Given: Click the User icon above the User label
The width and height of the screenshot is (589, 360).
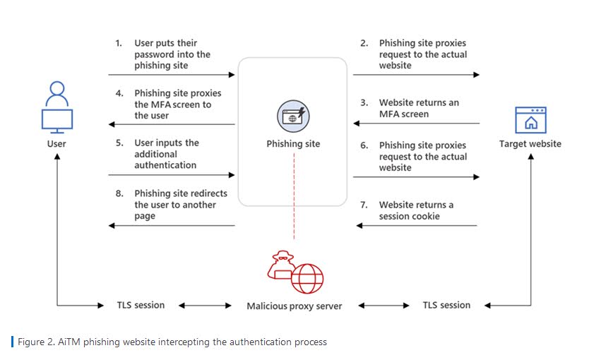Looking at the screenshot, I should (57, 109).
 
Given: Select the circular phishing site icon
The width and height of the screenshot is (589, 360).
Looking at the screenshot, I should (293, 116).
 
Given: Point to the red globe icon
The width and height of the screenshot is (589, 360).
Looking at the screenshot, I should (307, 278).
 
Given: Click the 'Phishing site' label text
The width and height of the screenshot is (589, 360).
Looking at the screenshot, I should (293, 144).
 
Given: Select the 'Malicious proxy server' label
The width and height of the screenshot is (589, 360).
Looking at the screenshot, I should (294, 306).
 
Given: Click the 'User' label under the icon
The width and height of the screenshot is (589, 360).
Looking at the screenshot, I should (57, 144).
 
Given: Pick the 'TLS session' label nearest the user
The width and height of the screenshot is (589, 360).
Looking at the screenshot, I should (141, 306).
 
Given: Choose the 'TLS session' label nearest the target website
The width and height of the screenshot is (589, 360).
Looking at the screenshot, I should (446, 306).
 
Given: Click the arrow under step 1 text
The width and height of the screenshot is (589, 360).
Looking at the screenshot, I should (172, 74).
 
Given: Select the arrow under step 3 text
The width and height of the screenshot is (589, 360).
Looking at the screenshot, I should (416, 124).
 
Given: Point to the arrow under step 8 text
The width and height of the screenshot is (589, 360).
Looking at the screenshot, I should (172, 226).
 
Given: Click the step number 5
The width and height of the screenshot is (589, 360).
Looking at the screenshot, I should (119, 143).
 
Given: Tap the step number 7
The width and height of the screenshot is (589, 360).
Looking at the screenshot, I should (364, 205).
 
